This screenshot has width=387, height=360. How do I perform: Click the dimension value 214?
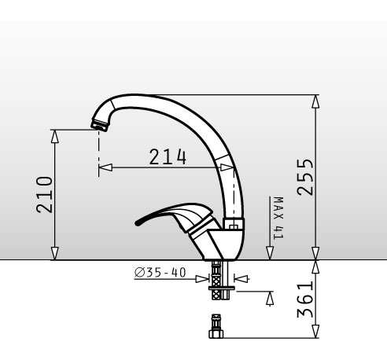pos(168,156)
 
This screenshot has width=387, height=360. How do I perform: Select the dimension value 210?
pos(44,195)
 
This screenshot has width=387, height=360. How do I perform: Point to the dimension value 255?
pos(305,177)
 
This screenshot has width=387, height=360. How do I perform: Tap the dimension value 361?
pos(305,299)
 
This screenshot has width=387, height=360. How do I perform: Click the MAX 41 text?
pos(278,218)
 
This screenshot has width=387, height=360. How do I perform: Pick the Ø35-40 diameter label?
pos(160,273)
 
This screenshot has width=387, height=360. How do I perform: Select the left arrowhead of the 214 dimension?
pos(105,167)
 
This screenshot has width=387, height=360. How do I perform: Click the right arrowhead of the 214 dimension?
pos(227,167)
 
